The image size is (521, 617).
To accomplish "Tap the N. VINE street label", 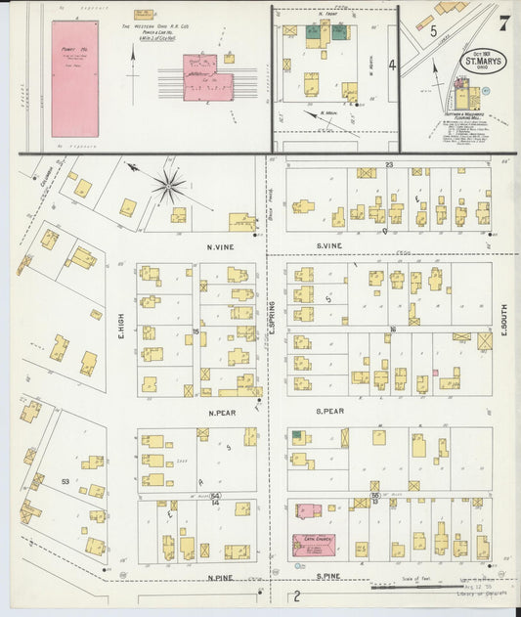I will pos(217,248).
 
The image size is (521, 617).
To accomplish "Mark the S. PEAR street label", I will pos(335,413).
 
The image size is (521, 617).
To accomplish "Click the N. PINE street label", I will pos(221,577).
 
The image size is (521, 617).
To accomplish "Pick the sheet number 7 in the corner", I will pos(502,22).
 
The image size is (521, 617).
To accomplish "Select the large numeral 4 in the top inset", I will pos(391,66).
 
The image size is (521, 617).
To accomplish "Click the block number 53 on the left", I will pos(65,482).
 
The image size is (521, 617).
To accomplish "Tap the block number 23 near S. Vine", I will pos(388,165).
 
